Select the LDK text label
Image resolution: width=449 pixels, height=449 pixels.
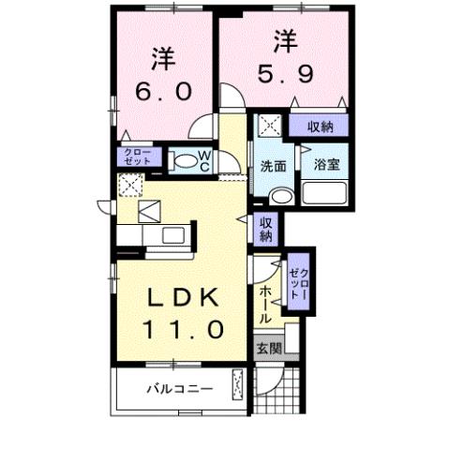point(183,298)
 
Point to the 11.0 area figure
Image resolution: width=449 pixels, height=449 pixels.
point(183,329)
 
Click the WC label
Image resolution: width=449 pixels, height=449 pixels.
point(204,160)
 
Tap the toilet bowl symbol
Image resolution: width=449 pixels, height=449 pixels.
point(188,161)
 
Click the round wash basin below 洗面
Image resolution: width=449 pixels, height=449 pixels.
point(278,196)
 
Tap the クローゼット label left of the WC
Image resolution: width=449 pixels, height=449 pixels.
point(129,157)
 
